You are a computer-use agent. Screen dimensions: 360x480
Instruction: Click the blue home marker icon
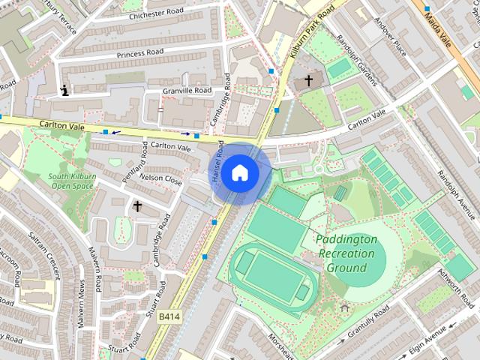(239, 172)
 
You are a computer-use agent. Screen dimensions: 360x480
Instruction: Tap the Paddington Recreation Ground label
(346, 253)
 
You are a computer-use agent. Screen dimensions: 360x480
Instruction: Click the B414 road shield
(169, 317)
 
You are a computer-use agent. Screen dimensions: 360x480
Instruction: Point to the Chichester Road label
(155, 15)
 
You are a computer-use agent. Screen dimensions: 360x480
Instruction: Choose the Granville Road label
(187, 91)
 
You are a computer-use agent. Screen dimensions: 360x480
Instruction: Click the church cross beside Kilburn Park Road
(308, 80)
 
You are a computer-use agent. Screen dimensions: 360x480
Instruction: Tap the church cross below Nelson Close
(137, 205)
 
